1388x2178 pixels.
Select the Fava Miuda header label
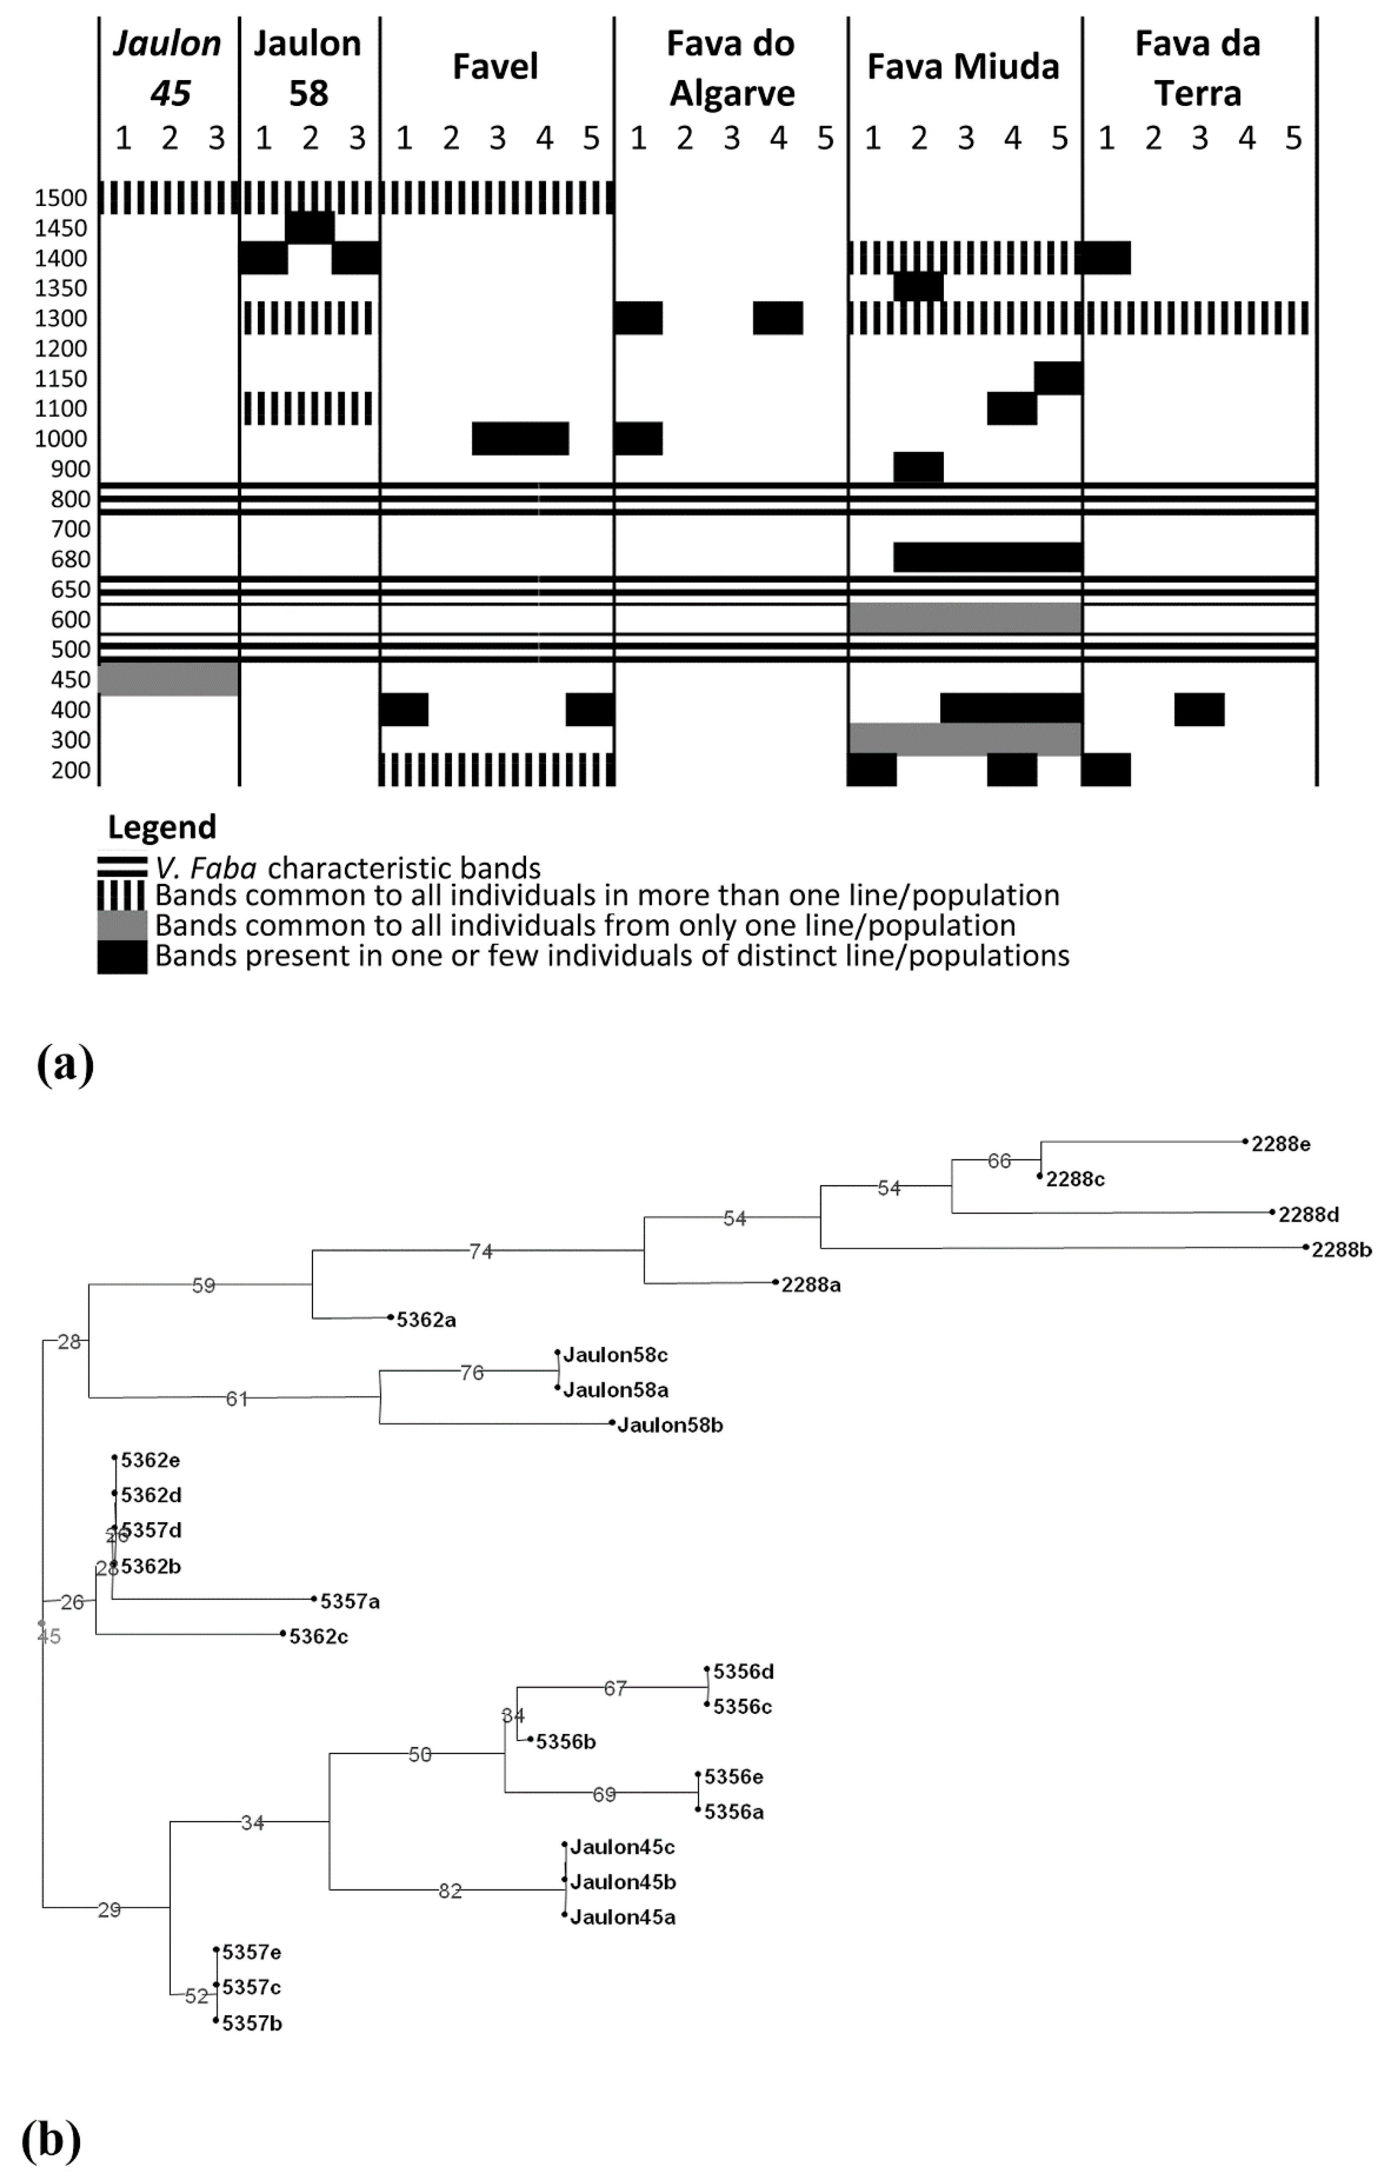(x=963, y=67)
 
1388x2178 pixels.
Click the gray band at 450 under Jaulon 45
(x=168, y=679)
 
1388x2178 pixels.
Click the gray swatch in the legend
(x=122, y=925)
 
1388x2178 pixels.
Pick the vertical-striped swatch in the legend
(x=122, y=895)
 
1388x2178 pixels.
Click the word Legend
(x=162, y=827)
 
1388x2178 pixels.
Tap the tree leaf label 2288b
(x=1341, y=1250)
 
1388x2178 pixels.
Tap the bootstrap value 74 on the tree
(x=481, y=1252)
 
